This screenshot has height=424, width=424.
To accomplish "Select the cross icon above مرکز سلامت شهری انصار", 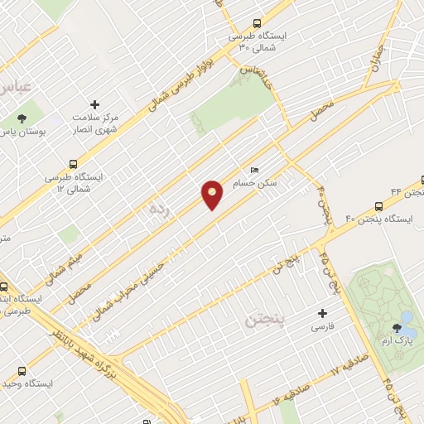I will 95,105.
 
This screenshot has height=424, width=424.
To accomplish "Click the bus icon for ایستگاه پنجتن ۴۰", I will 378,206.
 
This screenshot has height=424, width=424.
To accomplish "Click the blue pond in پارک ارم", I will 407,317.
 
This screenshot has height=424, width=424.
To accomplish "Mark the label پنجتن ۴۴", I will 406,191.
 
